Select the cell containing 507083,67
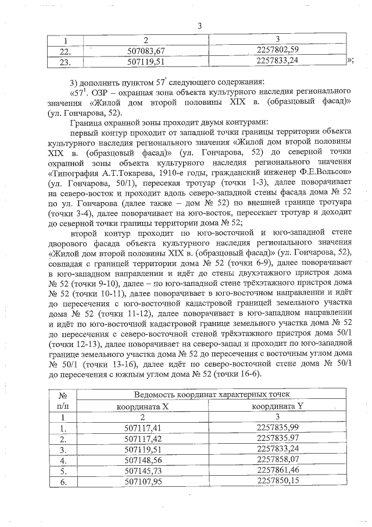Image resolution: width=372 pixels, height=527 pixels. click(146, 50)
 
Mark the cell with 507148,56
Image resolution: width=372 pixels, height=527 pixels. click(146, 460)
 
